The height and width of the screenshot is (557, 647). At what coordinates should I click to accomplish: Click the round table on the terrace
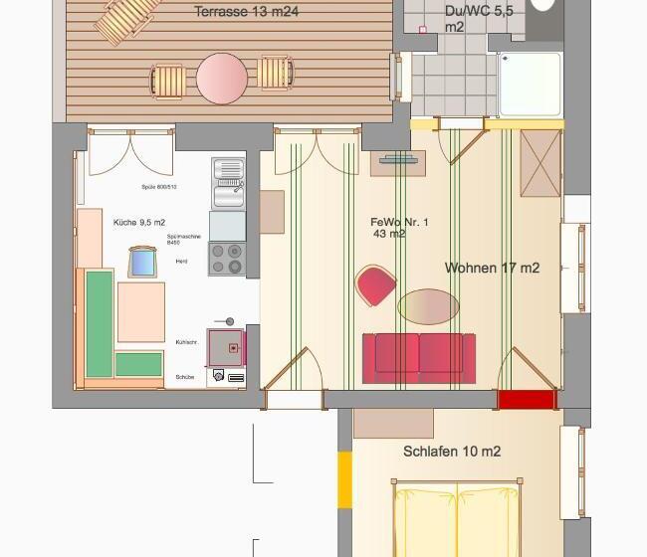[x=221, y=78]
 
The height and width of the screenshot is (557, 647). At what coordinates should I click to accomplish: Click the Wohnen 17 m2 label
[x=492, y=268]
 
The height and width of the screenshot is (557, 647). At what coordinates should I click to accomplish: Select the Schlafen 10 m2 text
[x=451, y=452]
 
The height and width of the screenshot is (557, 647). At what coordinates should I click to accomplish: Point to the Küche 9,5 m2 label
[x=139, y=222]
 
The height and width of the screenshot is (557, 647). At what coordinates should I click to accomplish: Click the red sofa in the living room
[x=419, y=357]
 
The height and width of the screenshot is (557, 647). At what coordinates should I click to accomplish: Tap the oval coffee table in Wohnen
[x=428, y=306]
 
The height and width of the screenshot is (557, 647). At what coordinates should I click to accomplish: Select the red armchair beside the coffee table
[x=376, y=286]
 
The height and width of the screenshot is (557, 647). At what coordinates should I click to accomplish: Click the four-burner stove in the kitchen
[x=227, y=260]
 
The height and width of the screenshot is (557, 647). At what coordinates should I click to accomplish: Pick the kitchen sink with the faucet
[x=228, y=184]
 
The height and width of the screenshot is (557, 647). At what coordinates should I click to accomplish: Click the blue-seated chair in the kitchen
[x=142, y=262]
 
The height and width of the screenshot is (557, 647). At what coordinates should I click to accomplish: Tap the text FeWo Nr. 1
[x=398, y=222]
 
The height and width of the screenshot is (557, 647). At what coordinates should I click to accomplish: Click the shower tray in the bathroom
[x=529, y=85]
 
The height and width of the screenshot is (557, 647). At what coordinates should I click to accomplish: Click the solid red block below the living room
[x=526, y=400]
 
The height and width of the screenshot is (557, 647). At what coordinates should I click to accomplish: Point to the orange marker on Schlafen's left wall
[x=344, y=481]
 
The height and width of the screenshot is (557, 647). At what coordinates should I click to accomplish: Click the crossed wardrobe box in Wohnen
[x=540, y=163]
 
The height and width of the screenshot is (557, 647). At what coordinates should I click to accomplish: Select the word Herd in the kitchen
[x=181, y=261]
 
